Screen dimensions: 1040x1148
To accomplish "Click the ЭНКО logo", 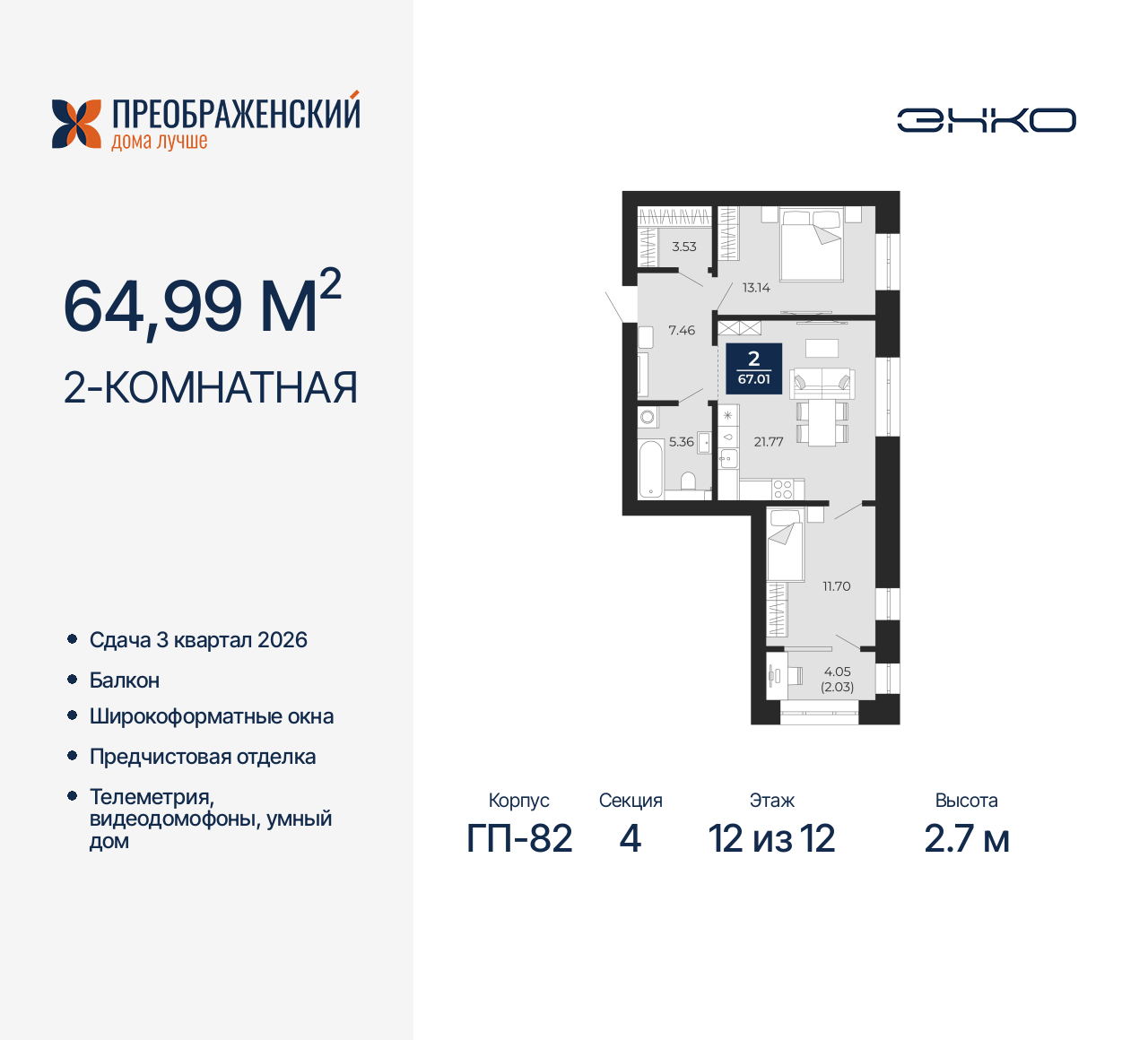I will pyautogui.click(x=986, y=121).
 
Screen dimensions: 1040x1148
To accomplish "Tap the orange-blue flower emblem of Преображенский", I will pyautogui.click(x=76, y=124).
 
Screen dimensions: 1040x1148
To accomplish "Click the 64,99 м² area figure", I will pyautogui.click(x=202, y=305).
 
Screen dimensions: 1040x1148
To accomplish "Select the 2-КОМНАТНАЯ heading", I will pyautogui.click(x=211, y=388).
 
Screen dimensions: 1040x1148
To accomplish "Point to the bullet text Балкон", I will pyautogui.click(x=125, y=680).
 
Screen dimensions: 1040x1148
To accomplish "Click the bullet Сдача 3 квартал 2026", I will pyautogui.click(x=198, y=640).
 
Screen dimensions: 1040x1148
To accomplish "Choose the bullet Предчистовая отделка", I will pyautogui.click(x=203, y=757).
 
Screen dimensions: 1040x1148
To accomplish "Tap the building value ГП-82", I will pyautogui.click(x=519, y=839).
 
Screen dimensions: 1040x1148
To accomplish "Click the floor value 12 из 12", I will pyautogui.click(x=771, y=839).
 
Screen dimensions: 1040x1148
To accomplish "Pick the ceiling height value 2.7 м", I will pyautogui.click(x=967, y=839).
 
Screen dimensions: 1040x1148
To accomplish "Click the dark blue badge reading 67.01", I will pyautogui.click(x=753, y=368).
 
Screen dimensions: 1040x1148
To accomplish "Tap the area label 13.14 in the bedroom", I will pyautogui.click(x=756, y=288).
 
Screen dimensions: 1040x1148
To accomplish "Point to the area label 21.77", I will pyautogui.click(x=769, y=442).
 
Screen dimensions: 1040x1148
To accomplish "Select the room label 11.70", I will pyautogui.click(x=836, y=586).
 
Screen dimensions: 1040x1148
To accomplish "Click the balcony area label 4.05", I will pyautogui.click(x=837, y=672).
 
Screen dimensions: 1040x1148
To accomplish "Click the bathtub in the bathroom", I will pyautogui.click(x=650, y=467).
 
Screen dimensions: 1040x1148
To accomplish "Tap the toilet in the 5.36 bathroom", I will pyautogui.click(x=689, y=484).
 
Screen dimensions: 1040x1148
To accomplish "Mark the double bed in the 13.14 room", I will pyautogui.click(x=812, y=244).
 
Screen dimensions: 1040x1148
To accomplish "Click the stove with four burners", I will pyautogui.click(x=783, y=490).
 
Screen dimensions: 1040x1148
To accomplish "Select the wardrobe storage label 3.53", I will pyautogui.click(x=684, y=247).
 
